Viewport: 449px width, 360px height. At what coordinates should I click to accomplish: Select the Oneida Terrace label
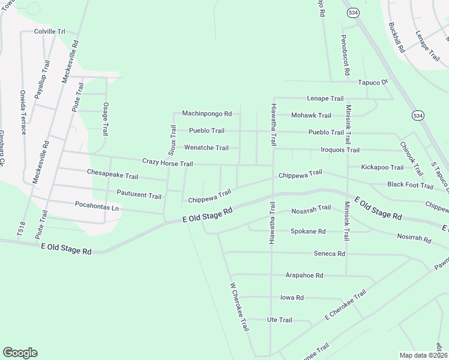(23, 113)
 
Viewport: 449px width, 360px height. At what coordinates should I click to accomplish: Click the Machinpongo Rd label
(206, 113)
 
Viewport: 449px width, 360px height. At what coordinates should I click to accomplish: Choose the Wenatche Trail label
(206, 148)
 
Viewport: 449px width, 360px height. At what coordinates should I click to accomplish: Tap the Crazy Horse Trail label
(167, 163)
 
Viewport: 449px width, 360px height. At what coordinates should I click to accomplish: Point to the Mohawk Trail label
(311, 115)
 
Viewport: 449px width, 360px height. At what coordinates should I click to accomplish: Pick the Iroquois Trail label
(332, 150)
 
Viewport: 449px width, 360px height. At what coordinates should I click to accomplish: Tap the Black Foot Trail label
(411, 185)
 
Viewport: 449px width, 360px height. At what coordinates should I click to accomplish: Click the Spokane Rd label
(308, 231)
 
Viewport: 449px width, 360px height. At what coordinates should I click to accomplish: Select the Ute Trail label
(279, 320)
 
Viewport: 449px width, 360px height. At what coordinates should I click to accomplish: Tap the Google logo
(20, 353)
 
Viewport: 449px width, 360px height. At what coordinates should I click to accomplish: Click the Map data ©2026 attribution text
(423, 355)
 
